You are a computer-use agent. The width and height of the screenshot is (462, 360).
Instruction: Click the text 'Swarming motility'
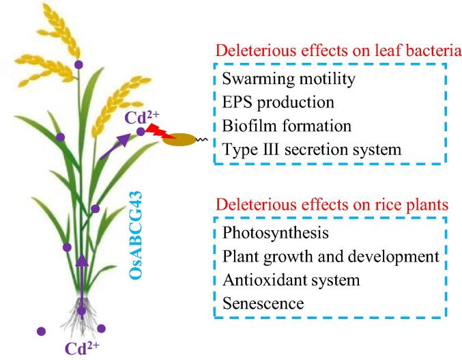(x=289, y=80)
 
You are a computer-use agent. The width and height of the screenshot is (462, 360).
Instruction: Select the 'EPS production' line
(x=278, y=102)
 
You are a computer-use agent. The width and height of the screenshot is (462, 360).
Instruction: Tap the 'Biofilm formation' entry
(x=287, y=126)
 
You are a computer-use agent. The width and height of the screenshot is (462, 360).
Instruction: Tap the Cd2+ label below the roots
(x=82, y=347)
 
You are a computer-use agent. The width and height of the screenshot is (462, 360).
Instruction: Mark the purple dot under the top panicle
(x=79, y=64)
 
